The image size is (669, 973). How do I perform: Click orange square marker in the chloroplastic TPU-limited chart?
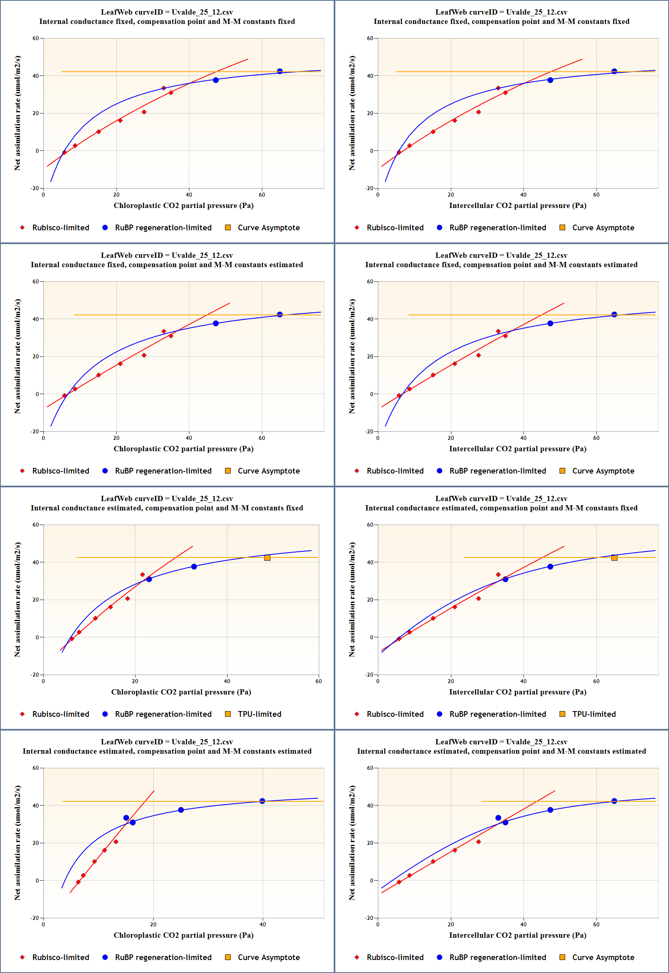pos(268,558)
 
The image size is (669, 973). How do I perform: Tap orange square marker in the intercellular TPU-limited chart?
pos(614,558)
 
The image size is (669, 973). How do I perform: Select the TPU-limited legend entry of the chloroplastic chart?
pos(259,714)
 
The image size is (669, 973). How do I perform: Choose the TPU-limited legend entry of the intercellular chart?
pos(594,714)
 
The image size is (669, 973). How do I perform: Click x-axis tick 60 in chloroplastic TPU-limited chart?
pos(319,682)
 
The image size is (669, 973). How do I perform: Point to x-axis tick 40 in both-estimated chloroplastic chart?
pos(263,924)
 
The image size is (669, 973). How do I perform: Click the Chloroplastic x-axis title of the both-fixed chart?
pos(183,206)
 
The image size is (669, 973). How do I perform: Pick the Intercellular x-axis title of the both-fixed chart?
pos(517,206)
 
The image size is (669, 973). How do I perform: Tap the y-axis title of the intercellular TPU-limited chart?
pos(352,599)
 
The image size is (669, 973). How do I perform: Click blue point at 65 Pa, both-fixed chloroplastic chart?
pos(280,71)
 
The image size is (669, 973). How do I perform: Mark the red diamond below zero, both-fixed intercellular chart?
pos(399,152)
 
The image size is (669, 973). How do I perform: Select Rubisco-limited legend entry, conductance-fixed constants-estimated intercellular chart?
pos(395,471)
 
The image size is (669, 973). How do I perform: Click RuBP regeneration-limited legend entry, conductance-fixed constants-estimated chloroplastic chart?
pos(163,471)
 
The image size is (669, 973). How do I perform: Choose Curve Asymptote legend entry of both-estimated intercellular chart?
pos(603,958)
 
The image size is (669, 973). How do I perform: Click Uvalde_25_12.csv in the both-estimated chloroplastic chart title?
pos(202,742)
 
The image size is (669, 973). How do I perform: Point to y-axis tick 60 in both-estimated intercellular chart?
pos(370,768)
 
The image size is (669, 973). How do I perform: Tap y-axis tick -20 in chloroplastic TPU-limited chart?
pos(35,675)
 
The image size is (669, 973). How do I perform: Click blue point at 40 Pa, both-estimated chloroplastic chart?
pos(262,801)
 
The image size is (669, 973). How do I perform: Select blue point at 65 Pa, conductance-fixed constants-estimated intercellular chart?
pos(614,315)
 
